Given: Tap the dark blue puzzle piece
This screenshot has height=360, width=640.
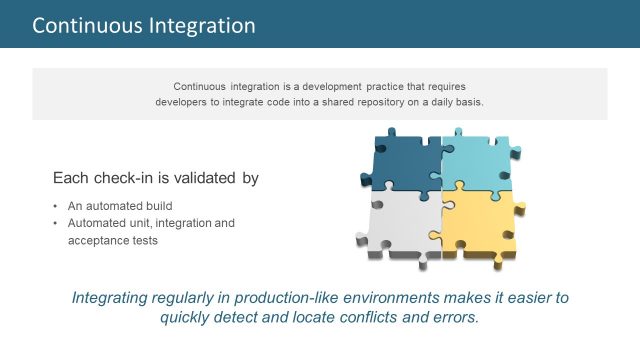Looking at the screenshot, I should point(400,160).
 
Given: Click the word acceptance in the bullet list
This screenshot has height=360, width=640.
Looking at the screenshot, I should point(99,241).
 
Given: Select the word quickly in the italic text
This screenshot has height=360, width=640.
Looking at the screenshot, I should point(189,318).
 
